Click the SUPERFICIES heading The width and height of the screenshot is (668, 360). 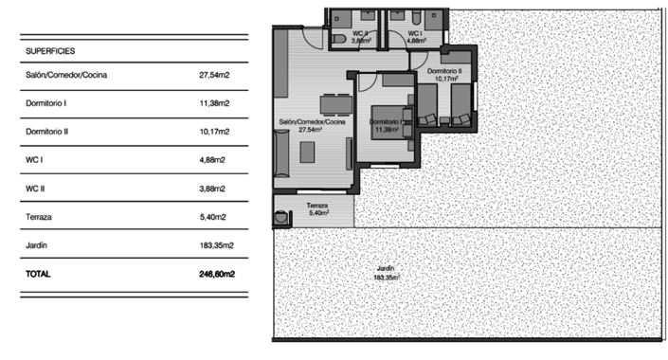click(x=51, y=50)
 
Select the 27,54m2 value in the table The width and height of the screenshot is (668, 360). click(x=216, y=74)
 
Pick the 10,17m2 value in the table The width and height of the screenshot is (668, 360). click(x=216, y=132)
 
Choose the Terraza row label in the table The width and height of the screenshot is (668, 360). click(x=40, y=217)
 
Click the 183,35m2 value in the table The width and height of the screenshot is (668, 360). click(x=216, y=245)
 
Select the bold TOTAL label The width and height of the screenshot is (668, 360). click(x=40, y=274)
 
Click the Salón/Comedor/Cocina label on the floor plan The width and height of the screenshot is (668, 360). click(x=311, y=122)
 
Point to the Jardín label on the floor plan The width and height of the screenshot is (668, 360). click(x=386, y=269)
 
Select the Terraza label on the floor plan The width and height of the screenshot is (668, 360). click(x=317, y=206)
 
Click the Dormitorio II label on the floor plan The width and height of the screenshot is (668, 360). click(x=443, y=71)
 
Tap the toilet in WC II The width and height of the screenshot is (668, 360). click(x=339, y=37)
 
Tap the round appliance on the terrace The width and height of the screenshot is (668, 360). click(x=280, y=217)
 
